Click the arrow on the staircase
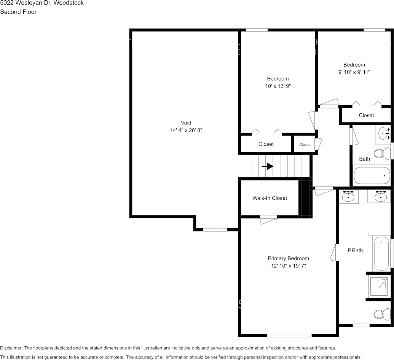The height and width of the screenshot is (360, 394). [x=268, y=166]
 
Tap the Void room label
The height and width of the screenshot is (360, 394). [x=186, y=123]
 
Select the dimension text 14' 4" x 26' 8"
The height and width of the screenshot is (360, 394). [x=186, y=130]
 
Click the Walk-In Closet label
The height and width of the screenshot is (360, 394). [x=270, y=198]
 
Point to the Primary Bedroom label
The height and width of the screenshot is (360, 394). [x=288, y=258]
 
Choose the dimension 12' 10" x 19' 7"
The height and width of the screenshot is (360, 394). [x=288, y=266]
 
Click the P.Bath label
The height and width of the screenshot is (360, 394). [x=355, y=250]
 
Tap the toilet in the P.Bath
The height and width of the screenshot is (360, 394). [x=381, y=314]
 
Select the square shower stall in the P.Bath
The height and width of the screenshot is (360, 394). [x=379, y=287]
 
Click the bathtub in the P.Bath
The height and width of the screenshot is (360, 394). [x=381, y=253]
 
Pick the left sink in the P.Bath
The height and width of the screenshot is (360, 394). [x=348, y=196]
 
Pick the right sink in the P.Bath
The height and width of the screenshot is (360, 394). [x=380, y=196]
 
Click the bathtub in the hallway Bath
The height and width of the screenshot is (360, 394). [x=371, y=176]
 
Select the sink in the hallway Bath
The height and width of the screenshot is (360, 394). [x=384, y=134]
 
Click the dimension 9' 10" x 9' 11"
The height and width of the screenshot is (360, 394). [x=354, y=72]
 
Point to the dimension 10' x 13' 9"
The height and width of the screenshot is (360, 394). [x=278, y=86]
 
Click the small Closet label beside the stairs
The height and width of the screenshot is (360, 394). [x=304, y=145]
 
